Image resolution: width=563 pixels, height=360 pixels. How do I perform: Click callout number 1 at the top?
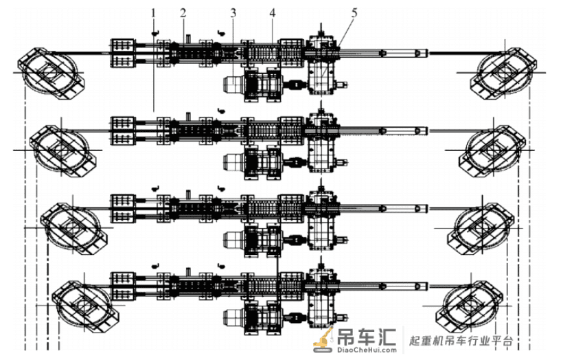154,13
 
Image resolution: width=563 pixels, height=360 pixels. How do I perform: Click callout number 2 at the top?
183,13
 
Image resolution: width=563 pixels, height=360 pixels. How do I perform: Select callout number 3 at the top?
233,13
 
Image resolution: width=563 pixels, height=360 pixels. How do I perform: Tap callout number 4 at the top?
273,13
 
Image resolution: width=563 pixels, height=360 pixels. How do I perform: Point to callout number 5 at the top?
354,13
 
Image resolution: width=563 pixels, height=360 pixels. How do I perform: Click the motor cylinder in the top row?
233,85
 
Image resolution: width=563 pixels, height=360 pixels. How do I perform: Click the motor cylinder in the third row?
233,240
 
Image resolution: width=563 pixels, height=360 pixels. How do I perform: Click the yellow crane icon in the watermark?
323,339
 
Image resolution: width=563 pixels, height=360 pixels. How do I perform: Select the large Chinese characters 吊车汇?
366,336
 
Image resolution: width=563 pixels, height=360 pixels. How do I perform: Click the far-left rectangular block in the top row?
122,53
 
